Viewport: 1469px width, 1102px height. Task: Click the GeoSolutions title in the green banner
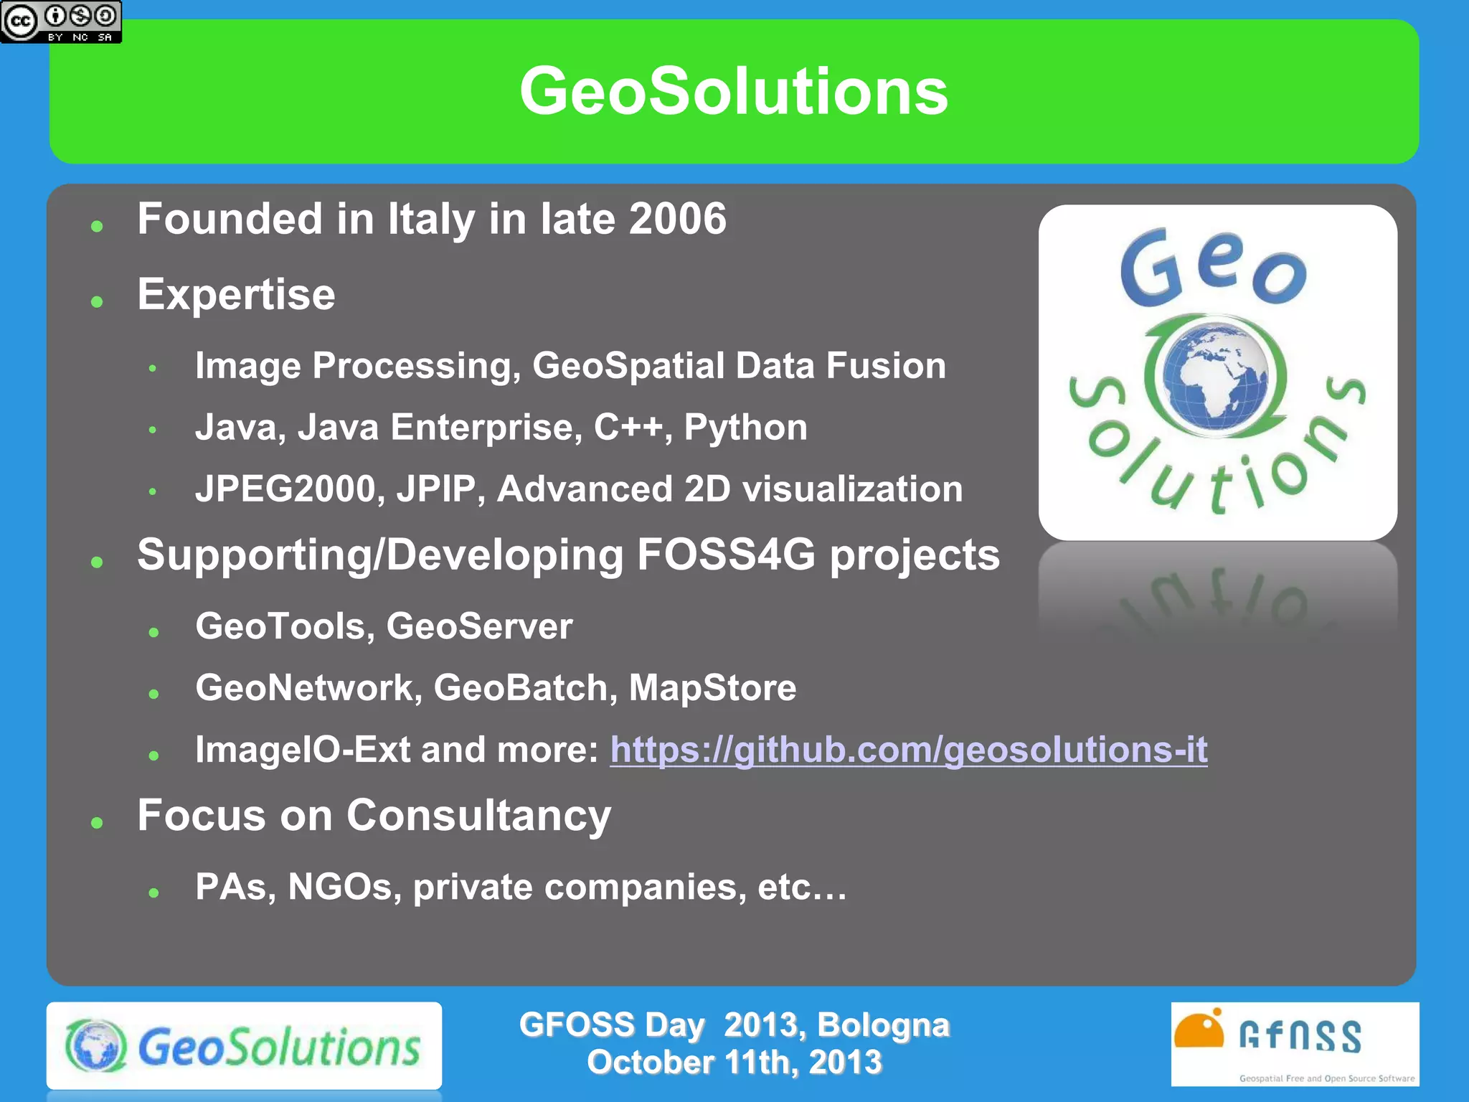tap(734, 91)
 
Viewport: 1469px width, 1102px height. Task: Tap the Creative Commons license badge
tap(61, 22)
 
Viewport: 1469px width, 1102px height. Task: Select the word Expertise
tap(236, 294)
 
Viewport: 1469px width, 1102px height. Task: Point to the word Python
tap(745, 428)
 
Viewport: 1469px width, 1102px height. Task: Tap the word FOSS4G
tap(726, 555)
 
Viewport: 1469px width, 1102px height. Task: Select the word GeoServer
tap(479, 626)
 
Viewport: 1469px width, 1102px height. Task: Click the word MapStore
tap(712, 688)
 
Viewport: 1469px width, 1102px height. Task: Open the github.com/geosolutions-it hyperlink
tap(908, 750)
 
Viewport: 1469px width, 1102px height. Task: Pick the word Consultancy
tap(478, 816)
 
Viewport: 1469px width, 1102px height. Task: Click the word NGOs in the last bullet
tap(344, 887)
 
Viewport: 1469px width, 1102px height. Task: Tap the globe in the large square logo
tap(1215, 375)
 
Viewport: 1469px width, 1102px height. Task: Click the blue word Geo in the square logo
tap(1213, 268)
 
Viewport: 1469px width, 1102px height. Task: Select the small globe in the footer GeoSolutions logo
tap(96, 1046)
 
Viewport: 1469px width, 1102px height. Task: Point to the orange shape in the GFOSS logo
tap(1199, 1030)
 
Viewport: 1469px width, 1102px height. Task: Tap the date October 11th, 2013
tap(734, 1063)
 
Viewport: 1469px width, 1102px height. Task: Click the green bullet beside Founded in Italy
tap(98, 227)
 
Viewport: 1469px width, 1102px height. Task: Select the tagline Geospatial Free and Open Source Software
tap(1326, 1078)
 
